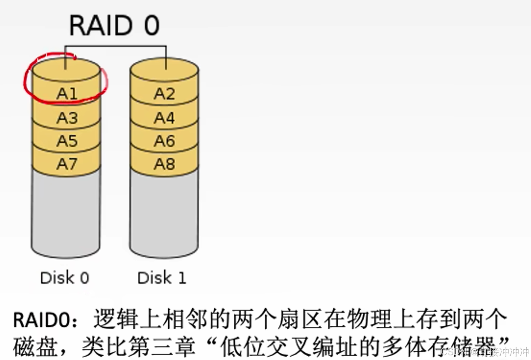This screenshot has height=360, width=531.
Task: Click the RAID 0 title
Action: click(114, 26)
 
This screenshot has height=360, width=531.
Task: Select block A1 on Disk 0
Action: click(67, 93)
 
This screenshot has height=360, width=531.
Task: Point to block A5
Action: click(67, 141)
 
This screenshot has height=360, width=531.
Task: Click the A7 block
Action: click(67, 164)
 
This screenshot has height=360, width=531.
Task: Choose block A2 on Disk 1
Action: click(164, 93)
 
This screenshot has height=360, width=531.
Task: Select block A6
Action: click(164, 141)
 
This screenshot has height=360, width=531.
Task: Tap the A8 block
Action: click(164, 164)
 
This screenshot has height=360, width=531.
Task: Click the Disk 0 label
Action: click(64, 278)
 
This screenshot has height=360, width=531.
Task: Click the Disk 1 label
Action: click(162, 278)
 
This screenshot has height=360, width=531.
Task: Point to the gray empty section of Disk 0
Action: click(66, 213)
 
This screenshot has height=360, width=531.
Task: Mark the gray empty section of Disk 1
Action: click(164, 213)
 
